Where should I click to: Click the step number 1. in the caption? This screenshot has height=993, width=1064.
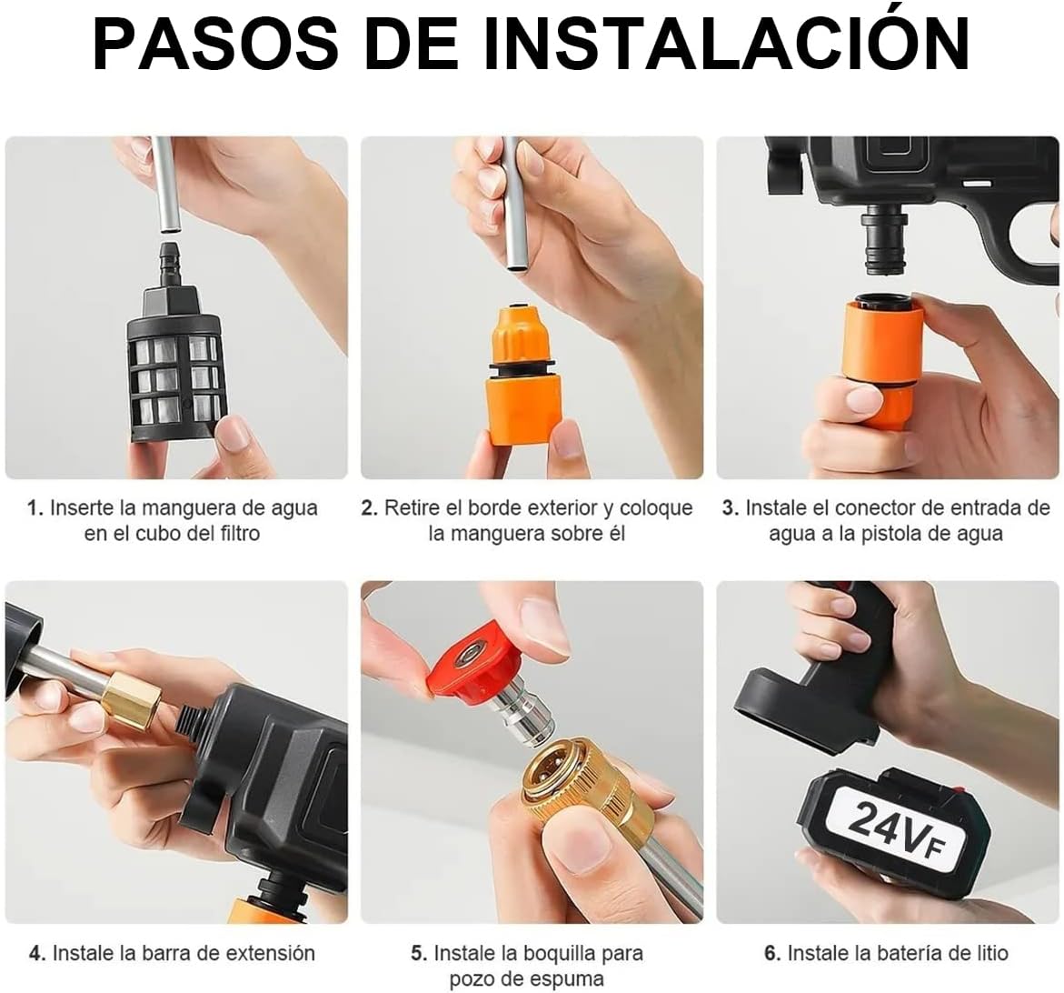click(x=35, y=508)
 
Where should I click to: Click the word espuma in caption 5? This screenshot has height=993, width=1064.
click(x=552, y=979)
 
